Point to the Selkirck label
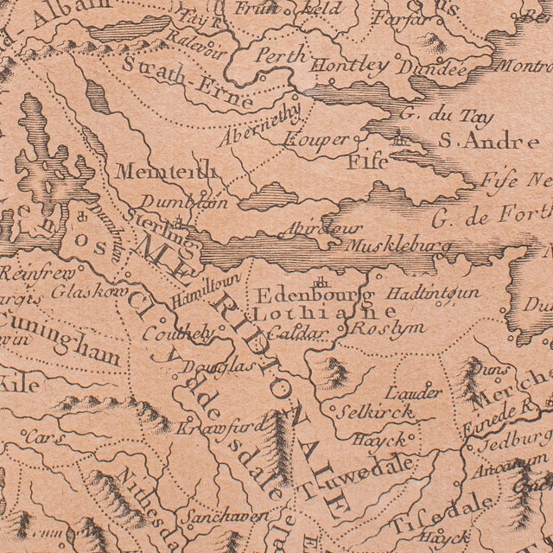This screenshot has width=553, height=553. [375, 411]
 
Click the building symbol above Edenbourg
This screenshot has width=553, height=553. [321, 281]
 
